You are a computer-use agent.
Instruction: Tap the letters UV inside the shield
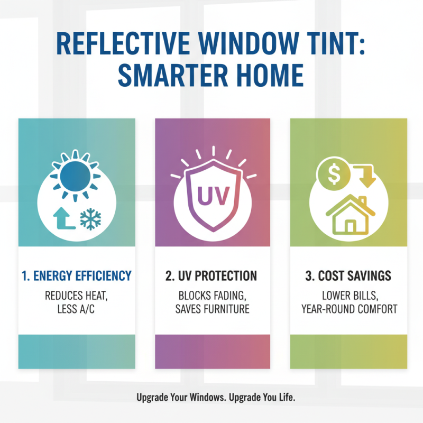pyautogui.click(x=213, y=195)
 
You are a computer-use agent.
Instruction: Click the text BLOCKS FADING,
pyautogui.click(x=213, y=295)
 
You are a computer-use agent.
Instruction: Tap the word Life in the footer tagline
pyautogui.click(x=275, y=397)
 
